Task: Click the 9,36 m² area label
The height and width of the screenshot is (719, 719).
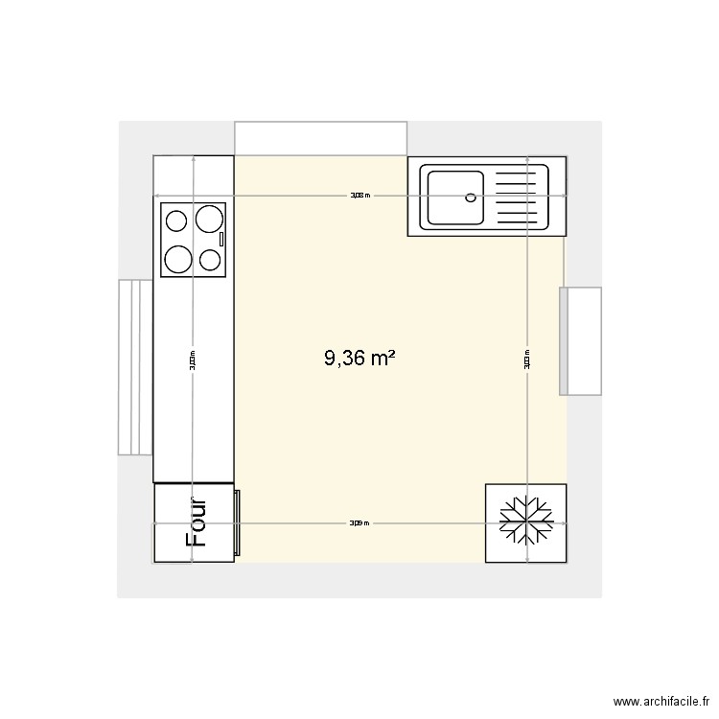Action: tap(359, 359)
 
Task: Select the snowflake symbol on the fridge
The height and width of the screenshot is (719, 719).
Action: tap(526, 523)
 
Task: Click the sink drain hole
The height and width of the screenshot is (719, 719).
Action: tap(471, 197)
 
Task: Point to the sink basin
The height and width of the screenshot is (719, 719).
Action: tap(454, 197)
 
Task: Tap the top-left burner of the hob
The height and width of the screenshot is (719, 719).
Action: tap(177, 221)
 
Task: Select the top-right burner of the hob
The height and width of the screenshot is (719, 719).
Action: tap(208, 220)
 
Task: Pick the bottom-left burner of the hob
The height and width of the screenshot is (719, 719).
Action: tap(178, 258)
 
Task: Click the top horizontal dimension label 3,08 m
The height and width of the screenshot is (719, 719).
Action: tap(359, 195)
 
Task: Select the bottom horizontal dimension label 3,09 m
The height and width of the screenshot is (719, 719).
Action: tap(359, 523)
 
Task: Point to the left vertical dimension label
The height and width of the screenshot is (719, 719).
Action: tap(193, 359)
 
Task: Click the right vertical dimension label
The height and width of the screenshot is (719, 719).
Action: tap(527, 359)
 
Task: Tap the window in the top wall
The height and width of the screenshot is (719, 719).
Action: tap(320, 137)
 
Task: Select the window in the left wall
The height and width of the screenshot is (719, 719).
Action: tap(135, 367)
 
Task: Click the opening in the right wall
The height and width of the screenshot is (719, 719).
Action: tap(581, 341)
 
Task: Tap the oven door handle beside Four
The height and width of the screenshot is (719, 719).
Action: tap(238, 523)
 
